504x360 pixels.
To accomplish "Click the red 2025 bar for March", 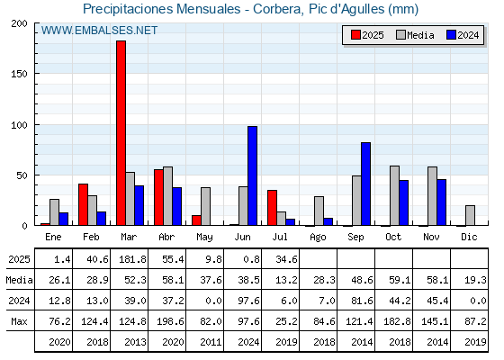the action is [x=121, y=133].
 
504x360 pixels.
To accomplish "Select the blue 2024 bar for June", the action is [x=252, y=175].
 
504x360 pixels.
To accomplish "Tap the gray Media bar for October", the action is [x=395, y=196].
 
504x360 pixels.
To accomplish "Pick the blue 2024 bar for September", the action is [x=365, y=184].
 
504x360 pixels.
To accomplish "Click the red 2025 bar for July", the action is [x=272, y=208].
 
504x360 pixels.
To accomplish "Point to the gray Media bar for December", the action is [x=470, y=216].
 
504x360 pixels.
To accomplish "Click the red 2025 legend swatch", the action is [x=355, y=35].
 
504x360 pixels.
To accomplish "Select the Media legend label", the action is [x=420, y=35].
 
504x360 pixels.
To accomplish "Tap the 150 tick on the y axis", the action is [x=19, y=74].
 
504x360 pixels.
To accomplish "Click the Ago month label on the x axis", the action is [x=318, y=238].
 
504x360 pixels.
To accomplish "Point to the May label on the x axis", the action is [x=204, y=238].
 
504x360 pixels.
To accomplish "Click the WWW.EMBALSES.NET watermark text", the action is [x=99, y=31].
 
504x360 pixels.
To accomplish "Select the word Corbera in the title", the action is [x=278, y=9].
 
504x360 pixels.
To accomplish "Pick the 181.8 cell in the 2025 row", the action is [x=133, y=259].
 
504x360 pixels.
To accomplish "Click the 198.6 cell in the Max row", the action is [x=170, y=321].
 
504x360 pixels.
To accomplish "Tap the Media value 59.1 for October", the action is [x=400, y=280].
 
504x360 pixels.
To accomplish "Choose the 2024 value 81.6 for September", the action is [x=362, y=301].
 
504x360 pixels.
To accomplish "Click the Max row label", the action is [x=19, y=321].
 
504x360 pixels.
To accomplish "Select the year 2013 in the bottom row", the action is [x=135, y=342].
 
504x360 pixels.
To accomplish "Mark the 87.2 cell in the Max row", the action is [x=475, y=321].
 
